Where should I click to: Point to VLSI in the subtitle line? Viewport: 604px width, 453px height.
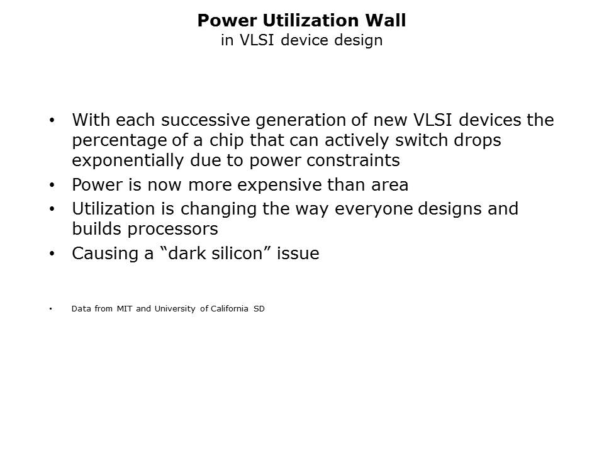[x=257, y=40]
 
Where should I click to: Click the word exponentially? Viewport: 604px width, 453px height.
[x=128, y=160]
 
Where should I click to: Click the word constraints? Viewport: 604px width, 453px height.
[x=353, y=160]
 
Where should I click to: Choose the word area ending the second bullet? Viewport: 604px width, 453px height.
[x=389, y=185]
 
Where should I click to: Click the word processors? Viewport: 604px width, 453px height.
[x=172, y=230]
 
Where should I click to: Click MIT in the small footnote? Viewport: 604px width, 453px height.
[x=125, y=308]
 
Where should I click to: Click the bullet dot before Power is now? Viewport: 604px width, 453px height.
[x=52, y=185]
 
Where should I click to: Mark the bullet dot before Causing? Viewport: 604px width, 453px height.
[x=52, y=254]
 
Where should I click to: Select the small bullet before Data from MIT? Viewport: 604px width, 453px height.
[x=50, y=308]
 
